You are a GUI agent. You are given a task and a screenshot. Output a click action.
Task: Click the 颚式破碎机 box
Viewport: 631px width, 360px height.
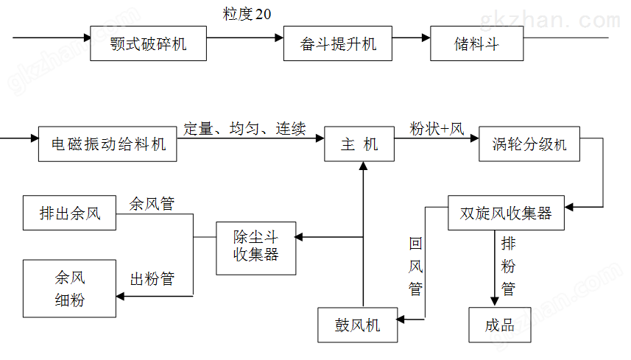tap(149, 44)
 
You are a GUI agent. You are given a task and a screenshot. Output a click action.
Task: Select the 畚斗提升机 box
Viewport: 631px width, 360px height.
tap(339, 44)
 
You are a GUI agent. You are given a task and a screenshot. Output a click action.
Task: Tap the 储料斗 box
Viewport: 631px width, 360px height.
tap(476, 44)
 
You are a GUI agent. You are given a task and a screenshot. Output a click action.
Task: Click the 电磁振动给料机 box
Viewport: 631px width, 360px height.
tap(108, 144)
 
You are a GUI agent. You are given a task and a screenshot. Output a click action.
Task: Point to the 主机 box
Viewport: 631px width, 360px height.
tap(359, 144)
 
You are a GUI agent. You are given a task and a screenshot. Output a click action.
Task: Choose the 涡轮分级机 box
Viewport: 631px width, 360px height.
tap(529, 144)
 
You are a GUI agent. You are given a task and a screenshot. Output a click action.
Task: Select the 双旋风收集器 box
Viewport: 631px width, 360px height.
tap(507, 213)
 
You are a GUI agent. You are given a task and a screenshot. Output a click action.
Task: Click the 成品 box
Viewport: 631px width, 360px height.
tap(500, 325)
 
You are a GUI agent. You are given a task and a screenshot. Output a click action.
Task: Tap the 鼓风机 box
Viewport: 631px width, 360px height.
tap(358, 325)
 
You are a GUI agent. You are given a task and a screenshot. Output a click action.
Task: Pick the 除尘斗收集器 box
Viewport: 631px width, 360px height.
tap(255, 247)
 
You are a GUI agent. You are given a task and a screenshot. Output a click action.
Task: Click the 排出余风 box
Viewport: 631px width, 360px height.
tap(70, 214)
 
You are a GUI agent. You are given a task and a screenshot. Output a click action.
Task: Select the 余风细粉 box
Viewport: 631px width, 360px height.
tap(70, 289)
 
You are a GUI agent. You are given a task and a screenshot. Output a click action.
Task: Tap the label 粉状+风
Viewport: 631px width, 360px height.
tap(437, 129)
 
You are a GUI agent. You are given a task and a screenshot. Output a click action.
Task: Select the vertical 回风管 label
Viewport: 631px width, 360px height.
tap(415, 267)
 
